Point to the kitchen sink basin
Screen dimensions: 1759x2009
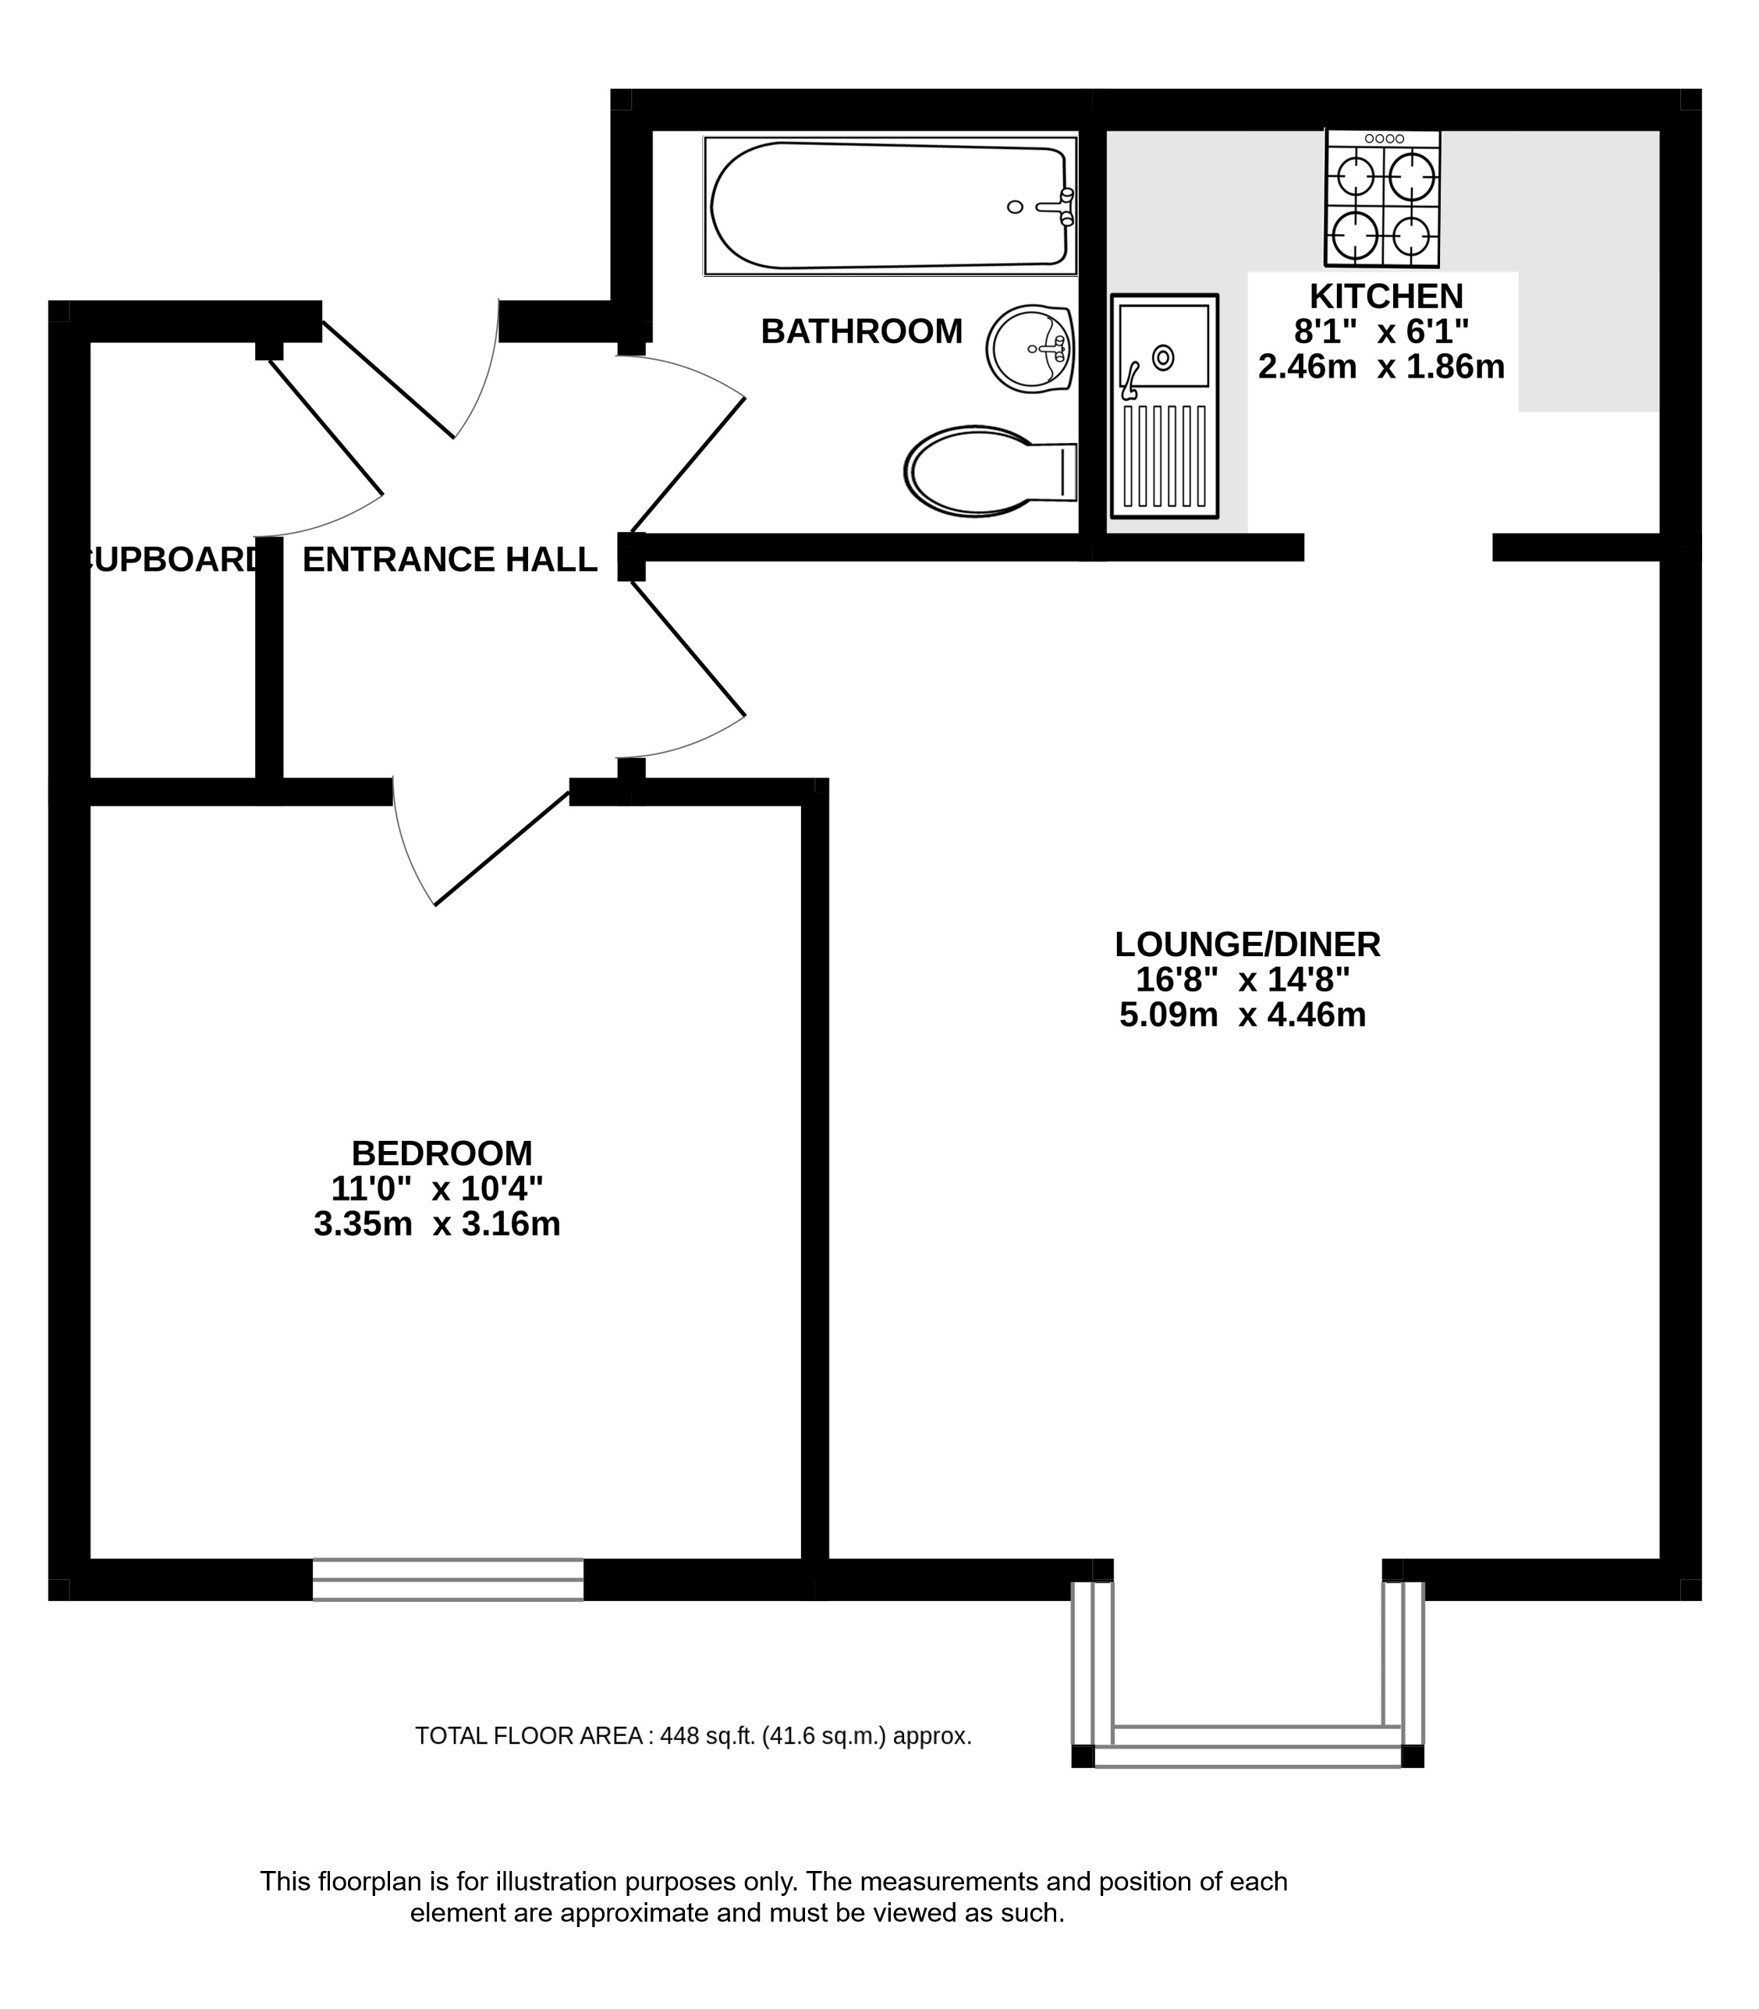(1164, 349)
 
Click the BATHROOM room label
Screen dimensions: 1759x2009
(861, 331)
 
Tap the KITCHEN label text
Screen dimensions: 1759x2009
(1386, 296)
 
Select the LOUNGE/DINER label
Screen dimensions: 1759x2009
(1247, 944)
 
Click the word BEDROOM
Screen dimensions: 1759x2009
(442, 1152)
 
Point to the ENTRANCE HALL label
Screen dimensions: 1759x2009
(449, 559)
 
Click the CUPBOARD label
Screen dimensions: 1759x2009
(172, 559)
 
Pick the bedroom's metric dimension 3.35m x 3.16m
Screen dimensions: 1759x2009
(437, 1225)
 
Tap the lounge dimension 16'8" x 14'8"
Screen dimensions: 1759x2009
(1243, 980)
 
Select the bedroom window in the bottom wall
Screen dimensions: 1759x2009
(448, 1579)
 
